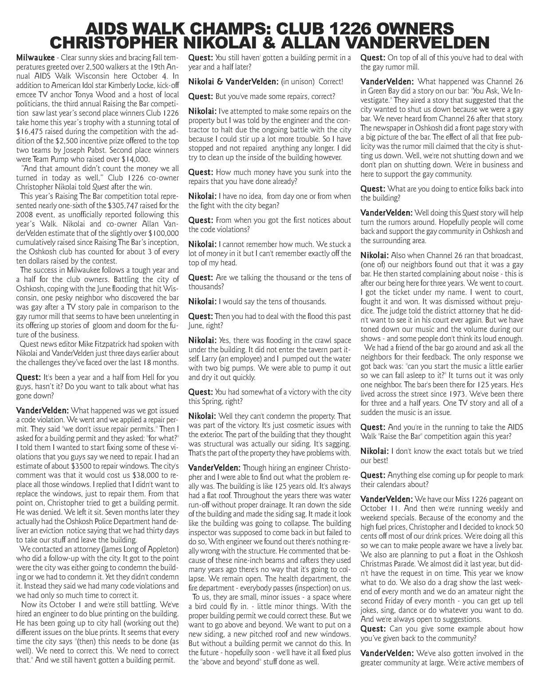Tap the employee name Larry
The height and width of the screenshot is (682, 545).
point(198,359)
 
